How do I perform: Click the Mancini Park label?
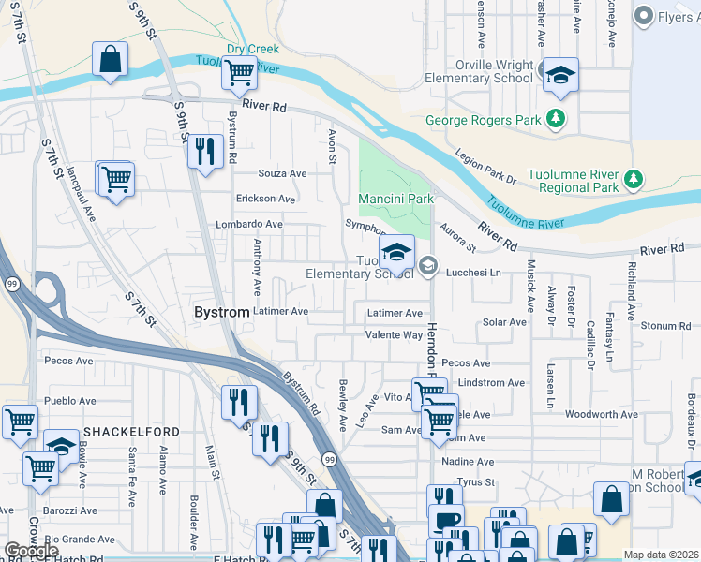[x=395, y=199]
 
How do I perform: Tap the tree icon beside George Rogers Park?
[x=556, y=119]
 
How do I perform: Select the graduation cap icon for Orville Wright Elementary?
[x=560, y=76]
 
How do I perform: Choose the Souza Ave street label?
[x=283, y=173]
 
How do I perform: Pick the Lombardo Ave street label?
[x=249, y=224]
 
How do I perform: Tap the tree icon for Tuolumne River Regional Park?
[x=634, y=177]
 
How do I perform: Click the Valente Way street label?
[x=394, y=334]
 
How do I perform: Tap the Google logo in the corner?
[x=31, y=551]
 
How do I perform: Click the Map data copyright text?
[x=661, y=555]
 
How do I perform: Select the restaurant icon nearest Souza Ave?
[x=204, y=150]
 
